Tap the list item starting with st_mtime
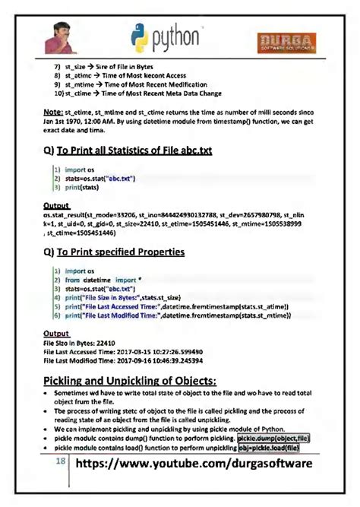point(129,85)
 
